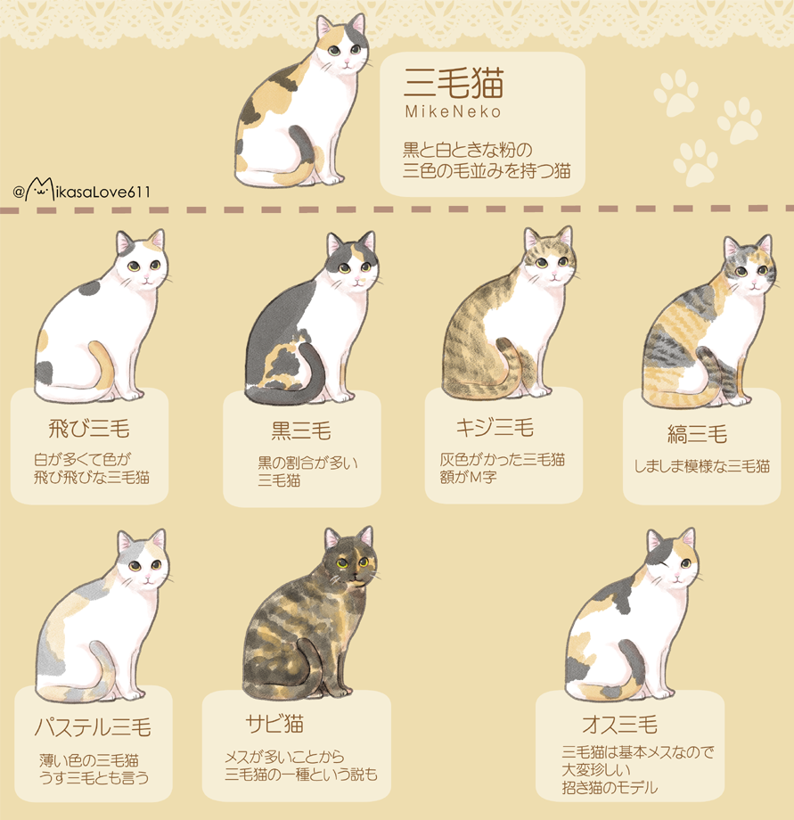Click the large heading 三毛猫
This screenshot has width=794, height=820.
click(x=454, y=84)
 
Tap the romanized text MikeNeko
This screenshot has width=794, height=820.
click(x=453, y=113)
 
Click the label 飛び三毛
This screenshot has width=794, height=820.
click(x=89, y=430)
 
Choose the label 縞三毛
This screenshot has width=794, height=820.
click(x=697, y=434)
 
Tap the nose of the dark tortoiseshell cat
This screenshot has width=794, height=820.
click(x=354, y=576)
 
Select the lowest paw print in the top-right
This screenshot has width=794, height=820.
click(x=694, y=160)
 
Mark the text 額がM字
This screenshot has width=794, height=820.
click(x=469, y=478)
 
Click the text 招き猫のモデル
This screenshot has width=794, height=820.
click(x=610, y=787)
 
